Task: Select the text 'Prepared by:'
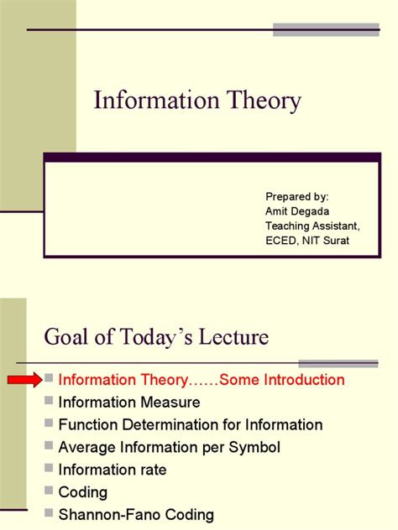click(x=297, y=195)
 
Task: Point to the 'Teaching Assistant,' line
click(x=312, y=226)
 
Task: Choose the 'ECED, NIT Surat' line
click(x=306, y=241)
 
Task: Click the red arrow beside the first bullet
click(x=24, y=381)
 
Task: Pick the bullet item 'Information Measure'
click(x=129, y=403)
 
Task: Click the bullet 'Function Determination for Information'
click(x=191, y=425)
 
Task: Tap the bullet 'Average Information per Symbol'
click(x=170, y=448)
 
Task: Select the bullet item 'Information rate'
click(x=110, y=470)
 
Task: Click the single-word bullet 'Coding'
click(x=83, y=493)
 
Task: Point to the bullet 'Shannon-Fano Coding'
click(x=136, y=515)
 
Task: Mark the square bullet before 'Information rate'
click(x=50, y=470)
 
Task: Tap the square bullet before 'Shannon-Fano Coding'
click(x=50, y=515)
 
